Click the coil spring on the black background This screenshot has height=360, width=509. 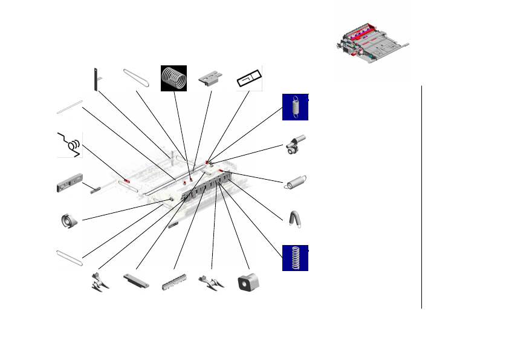[173, 78]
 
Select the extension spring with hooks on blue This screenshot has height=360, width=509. [295, 107]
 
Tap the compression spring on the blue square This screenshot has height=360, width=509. [295, 258]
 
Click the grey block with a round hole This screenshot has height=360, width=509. [248, 281]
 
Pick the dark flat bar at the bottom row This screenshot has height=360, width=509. [136, 280]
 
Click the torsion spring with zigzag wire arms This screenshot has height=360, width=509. [70, 144]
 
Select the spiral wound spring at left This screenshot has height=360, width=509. [70, 221]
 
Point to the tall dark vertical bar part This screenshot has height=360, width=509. [96, 79]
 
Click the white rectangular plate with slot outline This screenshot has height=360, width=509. [248, 79]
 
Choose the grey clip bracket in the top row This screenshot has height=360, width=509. [211, 78]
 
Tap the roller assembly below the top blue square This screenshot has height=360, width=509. [295, 146]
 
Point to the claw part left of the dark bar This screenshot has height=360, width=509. [99, 283]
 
